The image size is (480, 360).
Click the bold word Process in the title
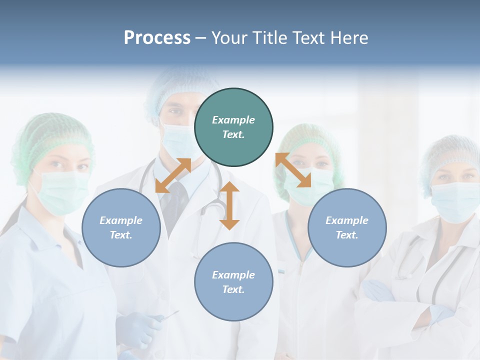tap(157, 38)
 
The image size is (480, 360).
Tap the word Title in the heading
tap(270, 38)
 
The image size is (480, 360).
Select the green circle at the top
tap(233, 127)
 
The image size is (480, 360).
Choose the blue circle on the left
tap(121, 228)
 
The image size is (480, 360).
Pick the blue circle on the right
tap(347, 228)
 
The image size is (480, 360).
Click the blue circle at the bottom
tap(233, 282)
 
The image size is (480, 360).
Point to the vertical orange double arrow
tap(229, 205)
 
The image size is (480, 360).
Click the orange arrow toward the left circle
tap(173, 175)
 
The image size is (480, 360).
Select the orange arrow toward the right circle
tap(293, 170)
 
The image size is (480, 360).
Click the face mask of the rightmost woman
tap(454, 201)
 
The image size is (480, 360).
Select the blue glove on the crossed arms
tap(377, 290)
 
